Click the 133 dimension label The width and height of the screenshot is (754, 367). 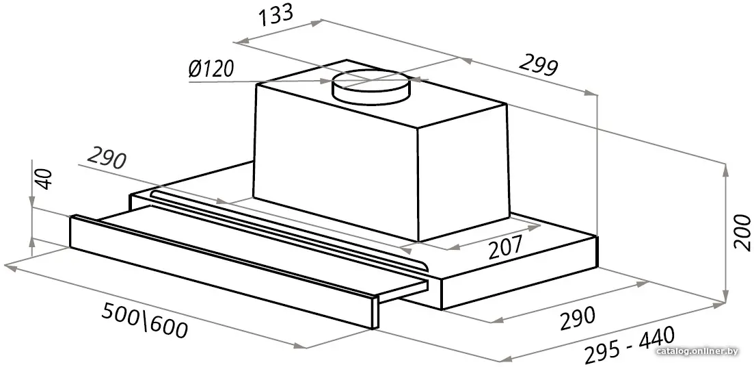click(275, 15)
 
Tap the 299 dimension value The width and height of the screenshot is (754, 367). click(538, 66)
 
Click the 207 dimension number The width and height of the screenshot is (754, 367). click(505, 248)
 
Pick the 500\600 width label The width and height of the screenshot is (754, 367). click(144, 322)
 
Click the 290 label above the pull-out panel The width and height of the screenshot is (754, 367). click(106, 160)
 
